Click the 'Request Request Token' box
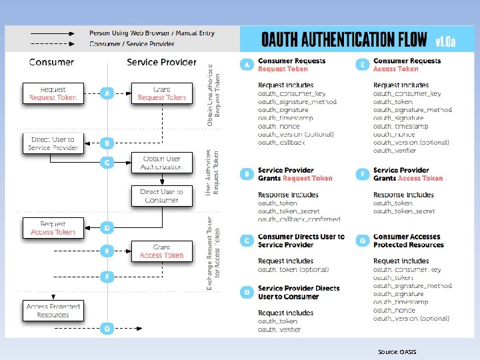[x=53, y=93]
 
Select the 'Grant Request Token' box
[x=161, y=93]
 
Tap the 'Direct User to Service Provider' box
[x=53, y=143]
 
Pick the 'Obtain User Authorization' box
[x=161, y=163]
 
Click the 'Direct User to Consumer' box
[x=161, y=196]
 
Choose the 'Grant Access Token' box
[x=161, y=251]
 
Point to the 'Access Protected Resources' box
[x=53, y=311]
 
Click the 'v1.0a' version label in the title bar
[x=445, y=41]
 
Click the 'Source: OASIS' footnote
[x=397, y=351]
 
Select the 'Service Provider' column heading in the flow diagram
[x=162, y=62]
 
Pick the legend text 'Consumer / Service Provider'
[x=132, y=44]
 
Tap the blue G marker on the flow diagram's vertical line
[x=107, y=328]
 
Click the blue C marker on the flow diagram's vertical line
[x=107, y=162]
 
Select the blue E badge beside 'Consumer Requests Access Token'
[x=363, y=65]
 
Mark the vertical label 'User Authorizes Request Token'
[x=212, y=173]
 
